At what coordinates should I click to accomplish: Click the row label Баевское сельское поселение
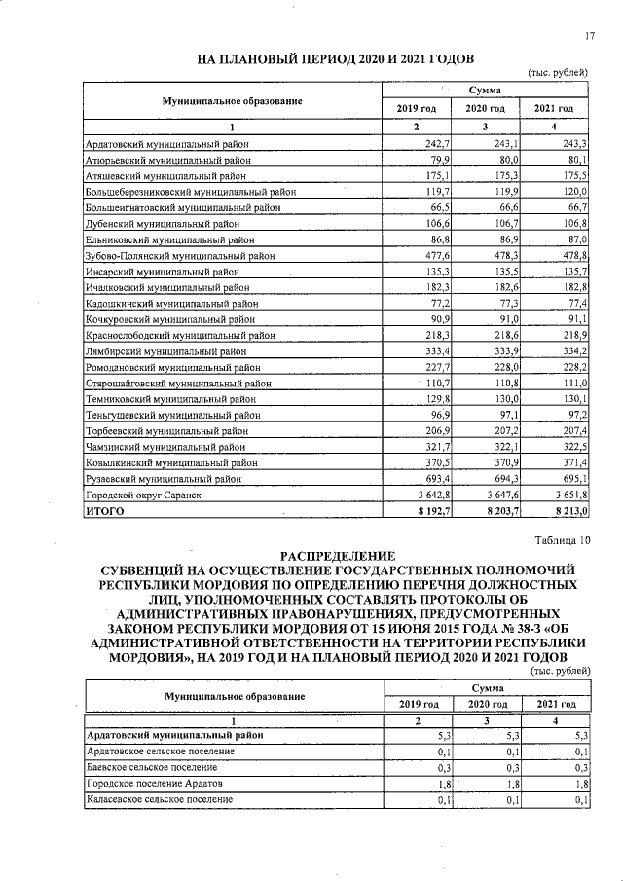[x=153, y=767]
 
